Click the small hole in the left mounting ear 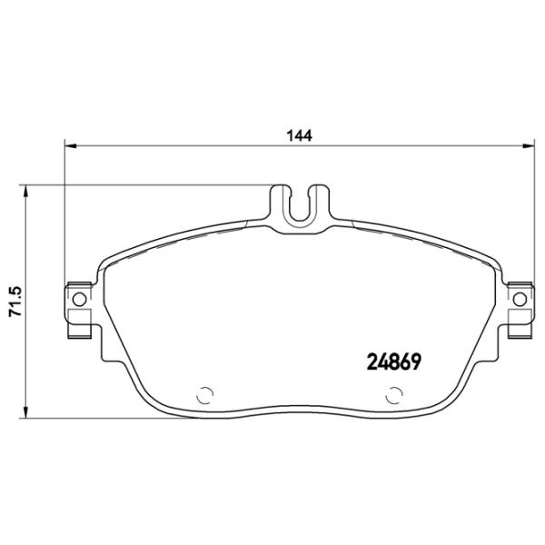(x=77, y=299)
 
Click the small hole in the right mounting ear (x=520, y=299)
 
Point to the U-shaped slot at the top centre (x=301, y=204)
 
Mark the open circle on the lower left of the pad (x=204, y=395)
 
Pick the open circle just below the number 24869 (x=394, y=395)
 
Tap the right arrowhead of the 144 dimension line (x=530, y=145)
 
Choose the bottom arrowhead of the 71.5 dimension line (x=27, y=421)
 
